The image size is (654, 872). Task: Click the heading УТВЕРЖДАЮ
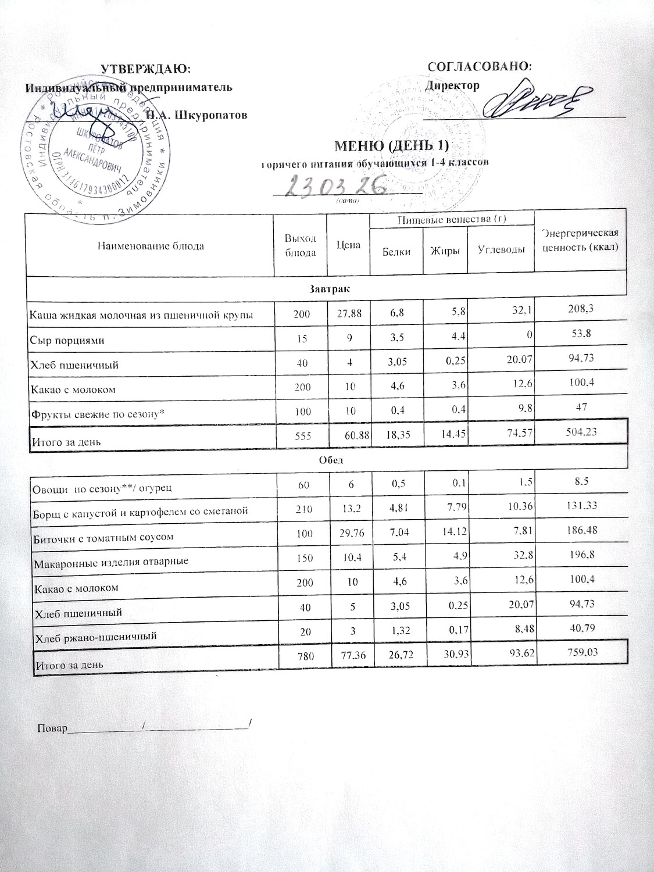tap(146, 69)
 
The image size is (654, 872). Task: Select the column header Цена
tap(349, 245)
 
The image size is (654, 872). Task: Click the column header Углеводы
tap(501, 251)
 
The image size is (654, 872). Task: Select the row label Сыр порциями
tap(67, 341)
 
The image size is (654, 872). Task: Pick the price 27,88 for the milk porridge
tap(349, 315)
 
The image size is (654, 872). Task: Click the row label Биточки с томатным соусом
tap(105, 537)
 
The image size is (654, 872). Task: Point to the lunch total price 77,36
tap(349, 656)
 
